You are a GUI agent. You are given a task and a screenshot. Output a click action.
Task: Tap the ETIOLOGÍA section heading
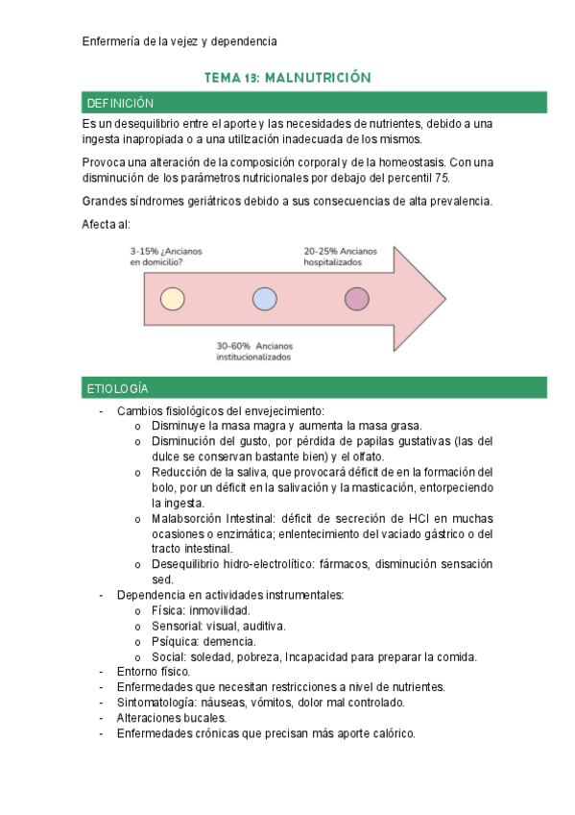pyautogui.click(x=117, y=388)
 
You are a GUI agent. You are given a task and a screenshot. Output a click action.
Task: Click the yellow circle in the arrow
pyautogui.click(x=172, y=299)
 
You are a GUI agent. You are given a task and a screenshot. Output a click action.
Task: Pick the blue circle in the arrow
pyautogui.click(x=264, y=299)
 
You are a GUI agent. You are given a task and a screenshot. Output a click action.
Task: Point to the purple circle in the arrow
pyautogui.click(x=356, y=299)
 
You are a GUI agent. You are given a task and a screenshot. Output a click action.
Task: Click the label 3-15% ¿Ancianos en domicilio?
pyautogui.click(x=165, y=257)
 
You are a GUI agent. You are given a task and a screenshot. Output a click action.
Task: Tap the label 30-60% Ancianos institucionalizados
pyautogui.click(x=253, y=351)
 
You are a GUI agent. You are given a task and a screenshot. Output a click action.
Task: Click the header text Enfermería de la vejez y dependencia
pyautogui.click(x=180, y=41)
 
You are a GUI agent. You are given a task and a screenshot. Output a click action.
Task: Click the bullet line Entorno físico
pyautogui.click(x=154, y=672)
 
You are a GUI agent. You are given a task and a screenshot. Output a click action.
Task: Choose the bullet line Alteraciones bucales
pyautogui.click(x=171, y=718)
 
